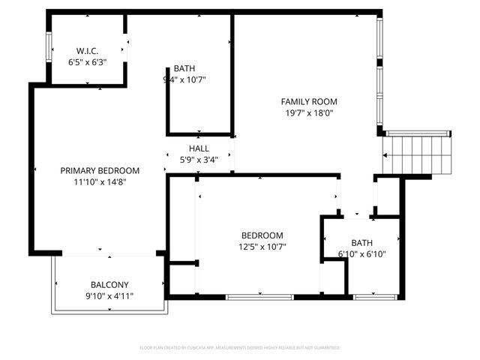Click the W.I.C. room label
(x=88, y=51)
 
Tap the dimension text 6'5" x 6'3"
(x=88, y=62)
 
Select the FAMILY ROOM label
(x=309, y=101)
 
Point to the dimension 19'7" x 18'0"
(x=309, y=113)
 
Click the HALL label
(x=199, y=148)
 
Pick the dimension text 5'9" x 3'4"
(x=199, y=160)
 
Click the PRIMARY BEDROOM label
(x=100, y=170)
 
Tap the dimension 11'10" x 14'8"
(x=100, y=182)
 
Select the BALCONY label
(x=109, y=284)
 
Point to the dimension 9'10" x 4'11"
(x=109, y=296)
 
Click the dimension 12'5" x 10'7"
(x=262, y=246)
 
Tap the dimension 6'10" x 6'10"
(x=361, y=254)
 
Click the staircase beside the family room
(x=417, y=154)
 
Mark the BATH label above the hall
(x=184, y=67)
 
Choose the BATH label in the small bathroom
(x=361, y=242)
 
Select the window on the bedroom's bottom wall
(x=260, y=297)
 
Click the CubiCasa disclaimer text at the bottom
(x=240, y=348)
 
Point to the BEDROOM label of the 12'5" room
(x=262, y=235)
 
